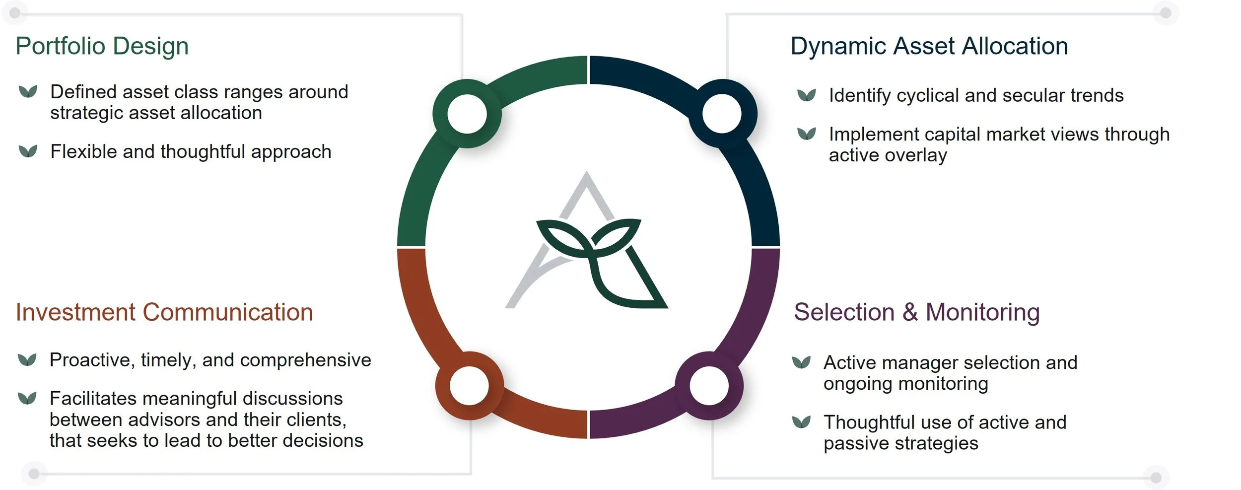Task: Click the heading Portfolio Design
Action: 102,46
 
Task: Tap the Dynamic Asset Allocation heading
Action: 929,46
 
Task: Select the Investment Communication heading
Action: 164,312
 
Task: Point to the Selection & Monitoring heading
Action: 916,312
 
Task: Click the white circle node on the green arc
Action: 467,114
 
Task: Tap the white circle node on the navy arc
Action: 722,114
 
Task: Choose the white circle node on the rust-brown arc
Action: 470,386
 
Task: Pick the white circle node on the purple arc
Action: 709,386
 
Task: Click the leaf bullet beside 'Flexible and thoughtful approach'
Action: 28,151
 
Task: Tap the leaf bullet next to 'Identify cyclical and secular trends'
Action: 807,94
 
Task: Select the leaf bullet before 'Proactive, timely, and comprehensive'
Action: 27,359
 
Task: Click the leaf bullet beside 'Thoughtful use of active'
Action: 801,421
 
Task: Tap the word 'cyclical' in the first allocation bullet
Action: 927,95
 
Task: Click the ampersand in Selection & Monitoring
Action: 910,312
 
